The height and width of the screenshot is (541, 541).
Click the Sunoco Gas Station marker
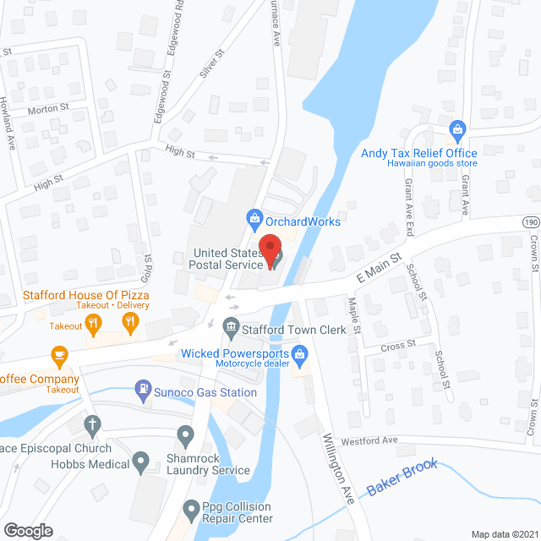click(x=143, y=391)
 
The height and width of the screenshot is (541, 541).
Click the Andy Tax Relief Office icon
click(x=457, y=130)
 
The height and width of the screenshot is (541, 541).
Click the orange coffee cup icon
click(x=58, y=355)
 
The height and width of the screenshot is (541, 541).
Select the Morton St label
click(x=47, y=109)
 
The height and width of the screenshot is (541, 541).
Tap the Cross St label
click(x=398, y=344)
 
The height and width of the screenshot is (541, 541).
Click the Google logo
click(x=27, y=530)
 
